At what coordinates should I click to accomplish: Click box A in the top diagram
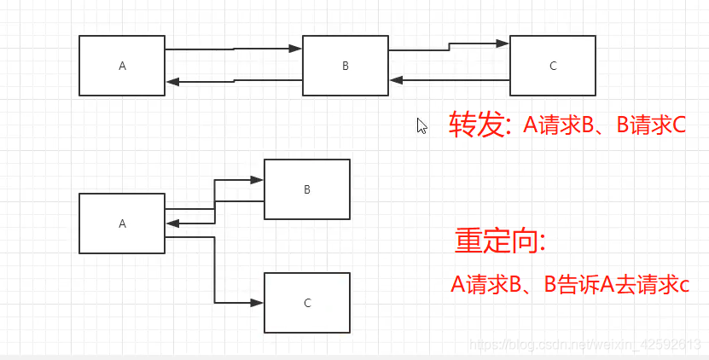point(122,66)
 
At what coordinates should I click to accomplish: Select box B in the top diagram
point(346,66)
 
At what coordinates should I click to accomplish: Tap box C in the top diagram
point(552,66)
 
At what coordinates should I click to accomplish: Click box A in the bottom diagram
point(122,224)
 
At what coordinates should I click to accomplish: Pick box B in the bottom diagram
point(306,189)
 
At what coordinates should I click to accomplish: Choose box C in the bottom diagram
point(306,303)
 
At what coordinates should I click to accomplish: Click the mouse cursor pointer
point(421,125)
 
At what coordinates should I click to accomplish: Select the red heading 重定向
point(499,241)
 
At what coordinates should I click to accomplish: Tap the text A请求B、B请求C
point(604,125)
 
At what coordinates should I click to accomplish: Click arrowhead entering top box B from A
point(296,49)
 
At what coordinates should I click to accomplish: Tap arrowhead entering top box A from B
point(172,82)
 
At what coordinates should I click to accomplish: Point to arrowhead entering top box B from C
point(396,80)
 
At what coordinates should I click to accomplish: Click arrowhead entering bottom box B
point(258,180)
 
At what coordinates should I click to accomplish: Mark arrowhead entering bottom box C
point(258,302)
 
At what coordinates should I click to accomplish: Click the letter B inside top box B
point(346,66)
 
